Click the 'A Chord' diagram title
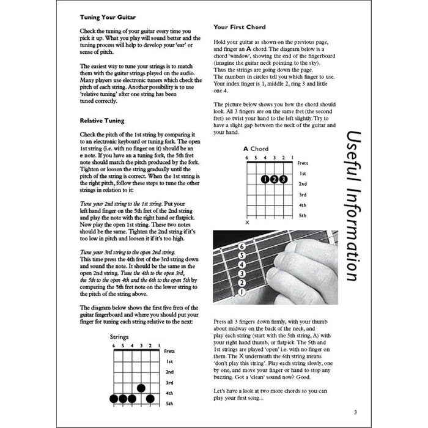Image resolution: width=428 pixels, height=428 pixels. pos(256,149)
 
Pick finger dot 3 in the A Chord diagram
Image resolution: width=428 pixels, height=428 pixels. pos(283,180)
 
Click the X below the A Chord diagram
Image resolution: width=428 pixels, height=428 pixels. pos(247,222)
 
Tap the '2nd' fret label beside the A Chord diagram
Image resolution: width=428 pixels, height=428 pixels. pos(303,184)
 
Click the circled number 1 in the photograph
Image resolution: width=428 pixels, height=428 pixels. pos(242,292)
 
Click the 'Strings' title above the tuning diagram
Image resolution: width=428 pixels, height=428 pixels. pos(119,337)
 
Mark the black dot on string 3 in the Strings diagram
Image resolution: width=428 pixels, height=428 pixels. pos(141,388)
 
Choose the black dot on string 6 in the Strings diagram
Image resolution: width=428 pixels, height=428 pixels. pos(113,399)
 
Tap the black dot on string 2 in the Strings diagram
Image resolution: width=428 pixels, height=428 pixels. pos(150,399)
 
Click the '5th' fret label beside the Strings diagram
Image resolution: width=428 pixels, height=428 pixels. pos(169,404)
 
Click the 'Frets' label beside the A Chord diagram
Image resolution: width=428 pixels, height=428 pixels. pos(303,163)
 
